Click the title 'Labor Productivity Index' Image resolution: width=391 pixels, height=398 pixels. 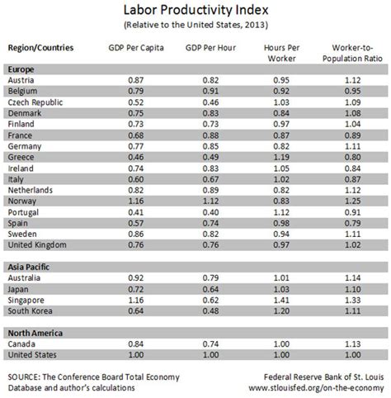(195, 11)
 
